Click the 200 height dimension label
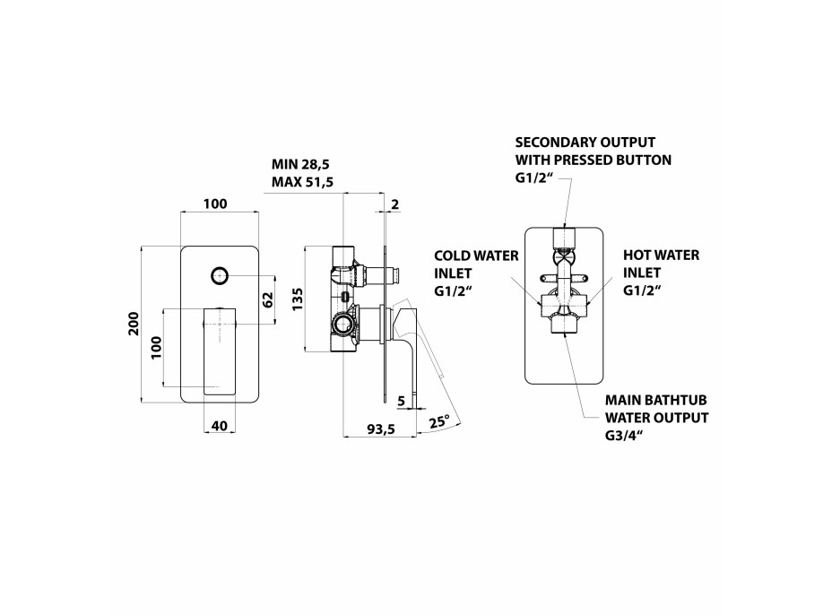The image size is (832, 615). tap(134, 324)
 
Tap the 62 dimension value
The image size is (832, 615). tap(268, 299)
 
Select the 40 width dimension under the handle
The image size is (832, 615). tap(219, 426)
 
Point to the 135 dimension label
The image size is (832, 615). tap(298, 299)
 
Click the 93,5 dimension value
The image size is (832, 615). tap(382, 429)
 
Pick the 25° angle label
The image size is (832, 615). tap(439, 422)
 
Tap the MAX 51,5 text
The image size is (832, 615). tap(302, 183)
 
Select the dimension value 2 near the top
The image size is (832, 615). tap(394, 204)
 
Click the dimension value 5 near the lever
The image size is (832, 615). tap(401, 401)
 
